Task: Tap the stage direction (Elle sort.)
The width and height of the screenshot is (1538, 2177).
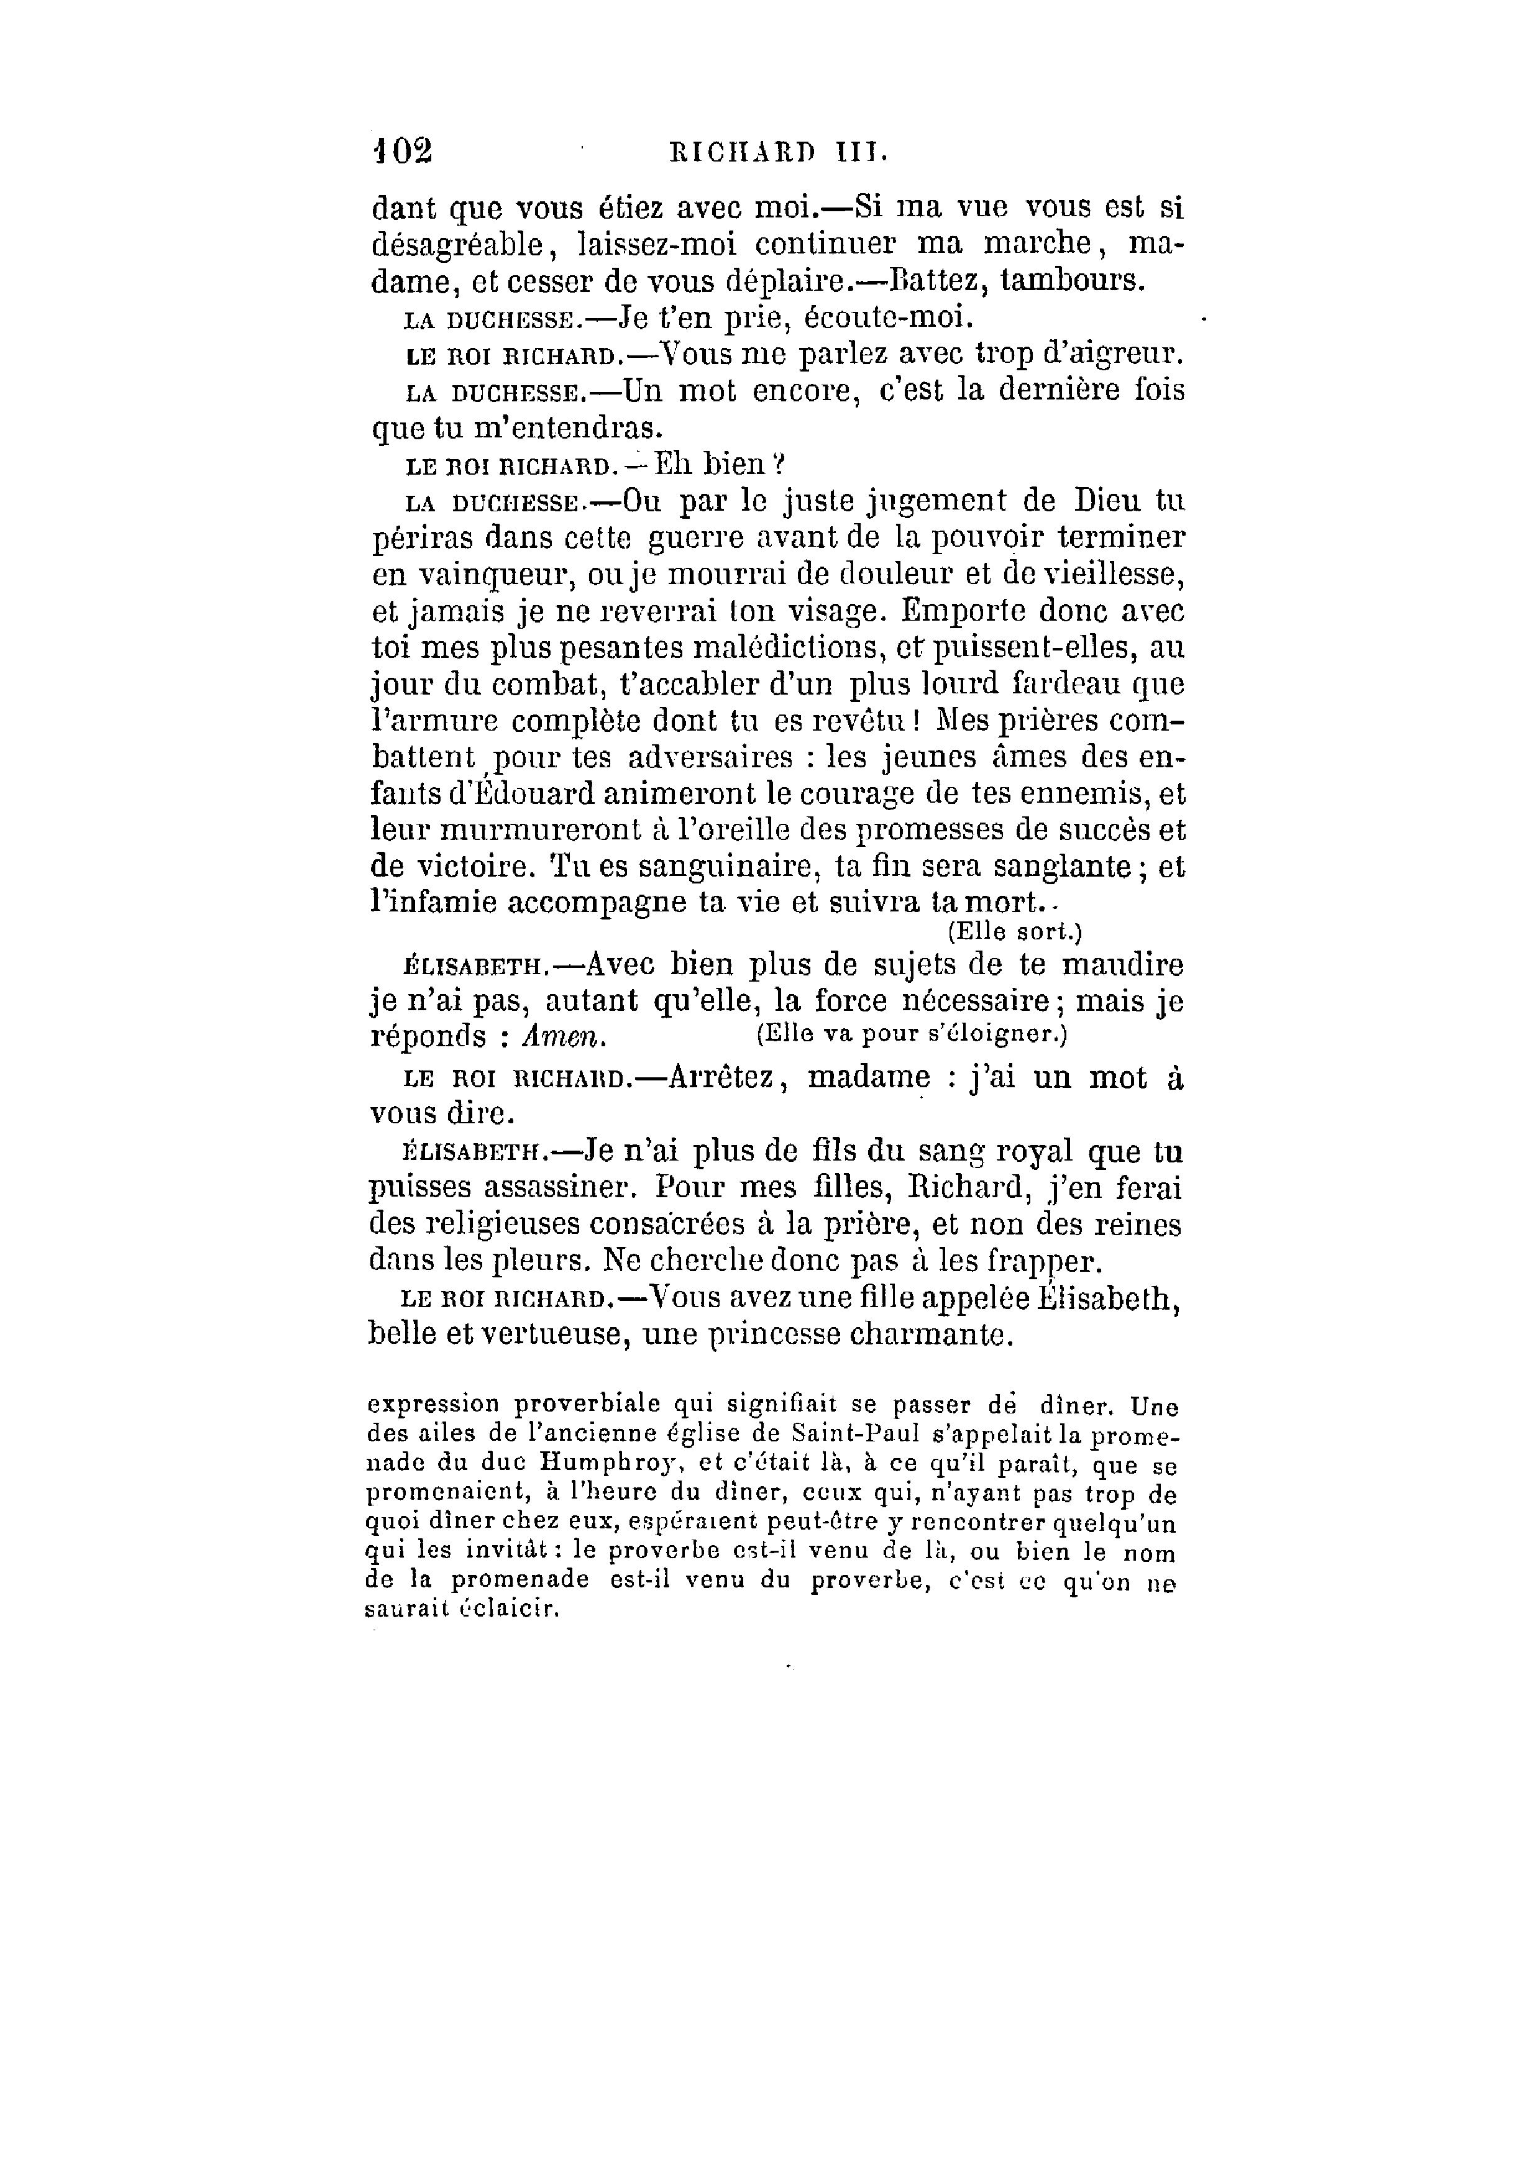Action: (x=1015, y=931)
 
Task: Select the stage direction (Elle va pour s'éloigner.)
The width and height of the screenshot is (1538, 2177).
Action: (x=912, y=1033)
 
